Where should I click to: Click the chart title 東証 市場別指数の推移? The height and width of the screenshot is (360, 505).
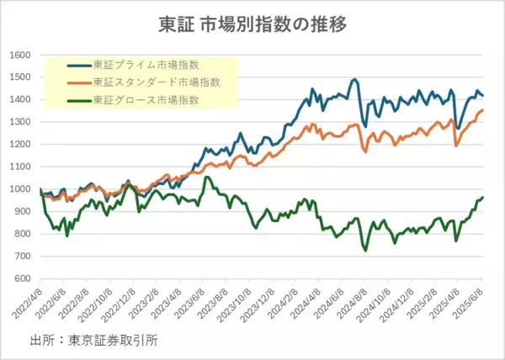point(253,24)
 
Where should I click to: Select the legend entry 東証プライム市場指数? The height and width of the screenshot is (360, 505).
point(146,65)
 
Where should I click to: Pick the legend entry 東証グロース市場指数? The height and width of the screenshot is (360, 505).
point(146,100)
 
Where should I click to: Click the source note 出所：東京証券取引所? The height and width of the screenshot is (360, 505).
point(93,341)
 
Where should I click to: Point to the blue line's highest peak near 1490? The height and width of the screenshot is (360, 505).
point(355,80)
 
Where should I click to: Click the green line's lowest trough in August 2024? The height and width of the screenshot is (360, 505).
point(365,250)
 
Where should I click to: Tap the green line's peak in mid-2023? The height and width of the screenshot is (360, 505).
point(207,177)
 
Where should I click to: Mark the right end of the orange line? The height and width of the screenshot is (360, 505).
point(482,110)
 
